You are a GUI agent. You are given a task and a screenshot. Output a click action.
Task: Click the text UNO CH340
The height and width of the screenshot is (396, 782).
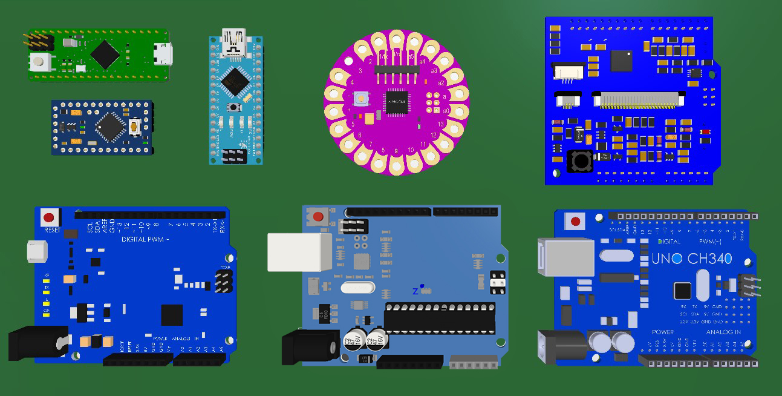(x=691, y=259)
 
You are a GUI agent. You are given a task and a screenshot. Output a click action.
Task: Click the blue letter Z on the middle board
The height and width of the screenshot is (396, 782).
(x=415, y=291)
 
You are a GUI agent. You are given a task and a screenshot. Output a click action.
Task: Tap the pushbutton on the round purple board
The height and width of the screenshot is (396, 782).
(x=360, y=98)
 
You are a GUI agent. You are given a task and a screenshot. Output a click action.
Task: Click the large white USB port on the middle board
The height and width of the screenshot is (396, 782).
(x=300, y=251)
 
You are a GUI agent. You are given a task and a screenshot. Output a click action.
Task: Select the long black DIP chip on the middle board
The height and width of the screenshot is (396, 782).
(x=440, y=318)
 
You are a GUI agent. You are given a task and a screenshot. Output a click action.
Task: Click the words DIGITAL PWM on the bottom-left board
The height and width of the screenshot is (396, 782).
(x=145, y=240)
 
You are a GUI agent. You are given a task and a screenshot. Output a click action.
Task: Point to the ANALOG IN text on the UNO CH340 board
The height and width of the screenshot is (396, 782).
(x=723, y=332)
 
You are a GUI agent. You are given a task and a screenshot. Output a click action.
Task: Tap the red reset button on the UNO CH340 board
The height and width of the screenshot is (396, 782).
(x=575, y=221)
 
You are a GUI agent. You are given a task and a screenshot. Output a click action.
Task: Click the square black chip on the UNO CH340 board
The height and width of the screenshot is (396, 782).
(x=682, y=291)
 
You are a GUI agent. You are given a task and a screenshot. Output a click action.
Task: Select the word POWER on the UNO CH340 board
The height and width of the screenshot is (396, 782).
(x=663, y=332)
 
